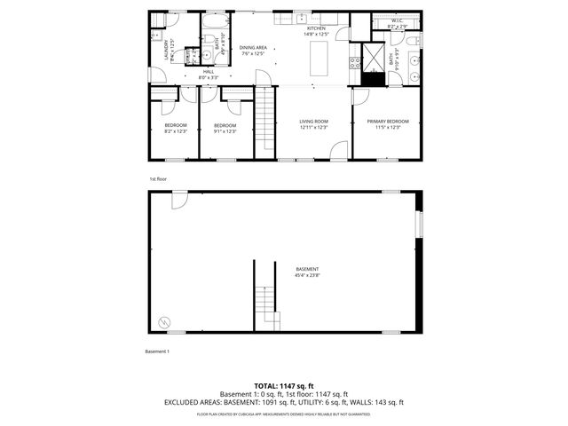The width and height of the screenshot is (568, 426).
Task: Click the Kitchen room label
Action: pos(315,28)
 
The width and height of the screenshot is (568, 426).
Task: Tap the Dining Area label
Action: pos(253,48)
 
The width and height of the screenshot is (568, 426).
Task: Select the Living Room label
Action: pos(313,121)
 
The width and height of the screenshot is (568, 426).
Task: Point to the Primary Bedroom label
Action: pos(388,121)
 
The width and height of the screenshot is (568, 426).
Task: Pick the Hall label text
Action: pos(208,71)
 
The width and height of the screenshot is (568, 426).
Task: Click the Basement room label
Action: pos(307,269)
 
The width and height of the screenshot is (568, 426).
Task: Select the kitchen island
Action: pos(319,59)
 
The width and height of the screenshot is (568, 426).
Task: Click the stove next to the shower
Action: pos(355,63)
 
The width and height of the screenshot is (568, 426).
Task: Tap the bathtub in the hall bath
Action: pos(216,44)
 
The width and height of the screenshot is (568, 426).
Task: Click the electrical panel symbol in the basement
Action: pos(162,319)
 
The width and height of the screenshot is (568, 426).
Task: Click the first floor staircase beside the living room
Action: pos(265,124)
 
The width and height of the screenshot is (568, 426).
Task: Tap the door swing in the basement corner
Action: pos(178,202)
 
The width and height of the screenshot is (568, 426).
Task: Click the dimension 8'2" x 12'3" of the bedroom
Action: pos(176,131)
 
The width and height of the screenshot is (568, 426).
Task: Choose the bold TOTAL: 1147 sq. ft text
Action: pos(284,385)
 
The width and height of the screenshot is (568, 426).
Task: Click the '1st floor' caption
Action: pos(158,179)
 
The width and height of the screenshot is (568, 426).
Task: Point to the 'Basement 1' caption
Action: pos(157,351)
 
